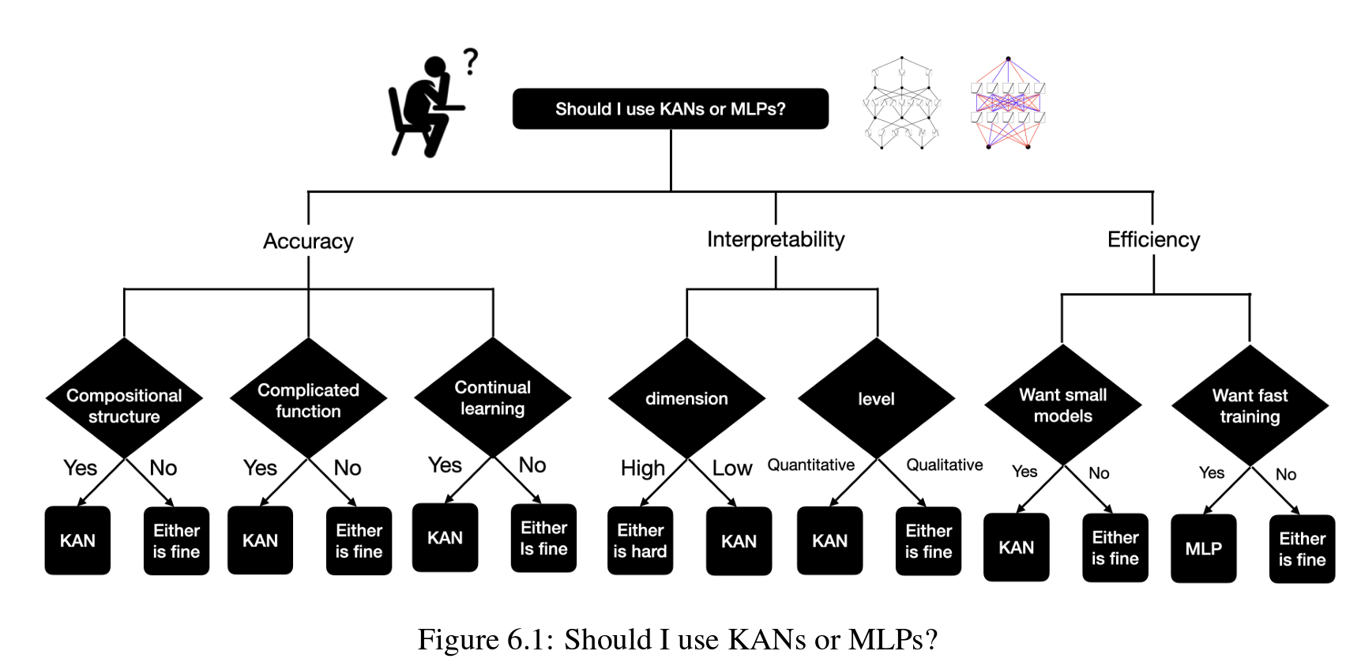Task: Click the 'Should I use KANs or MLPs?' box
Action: [x=670, y=109]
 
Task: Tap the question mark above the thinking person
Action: [x=471, y=61]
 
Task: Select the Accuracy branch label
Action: [x=308, y=241]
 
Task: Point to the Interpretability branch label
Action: [x=776, y=239]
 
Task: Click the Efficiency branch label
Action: [x=1153, y=239]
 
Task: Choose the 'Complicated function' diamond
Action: [x=308, y=399]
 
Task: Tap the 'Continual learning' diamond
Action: [x=493, y=397]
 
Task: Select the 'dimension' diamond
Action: [x=686, y=399]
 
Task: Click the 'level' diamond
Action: [x=877, y=399]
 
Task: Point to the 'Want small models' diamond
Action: [x=1063, y=404]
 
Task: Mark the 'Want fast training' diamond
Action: [x=1250, y=405]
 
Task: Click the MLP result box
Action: [x=1203, y=548]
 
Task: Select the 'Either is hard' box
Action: [x=640, y=540]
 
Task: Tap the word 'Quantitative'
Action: [x=810, y=465]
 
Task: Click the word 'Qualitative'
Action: [x=944, y=465]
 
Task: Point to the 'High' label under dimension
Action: [x=642, y=468]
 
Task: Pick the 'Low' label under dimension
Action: [x=731, y=468]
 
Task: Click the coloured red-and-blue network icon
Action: [x=1008, y=103]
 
